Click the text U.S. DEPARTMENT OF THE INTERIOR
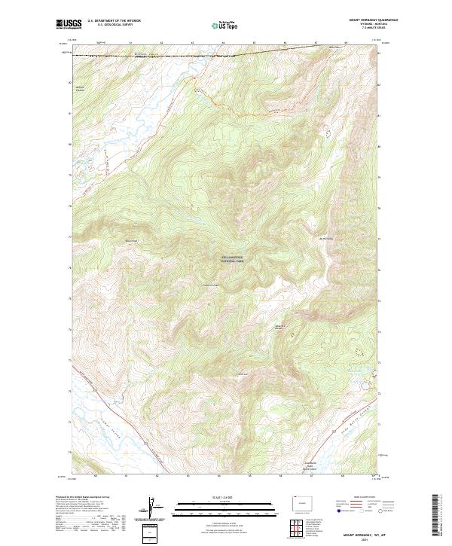point(114,21)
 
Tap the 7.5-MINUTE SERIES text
point(368,29)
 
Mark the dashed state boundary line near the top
point(188,54)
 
